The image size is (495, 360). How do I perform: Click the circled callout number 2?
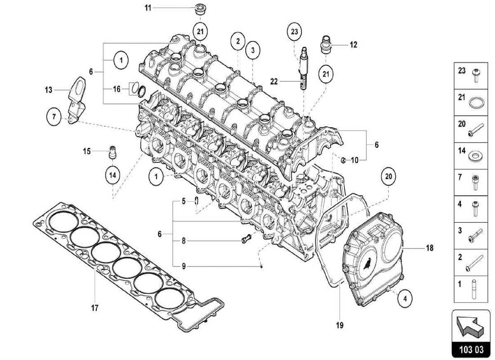237,41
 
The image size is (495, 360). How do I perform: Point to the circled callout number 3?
253,50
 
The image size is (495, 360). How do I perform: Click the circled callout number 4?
405,297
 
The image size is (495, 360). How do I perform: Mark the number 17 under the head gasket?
94,308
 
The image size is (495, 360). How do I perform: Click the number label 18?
430,247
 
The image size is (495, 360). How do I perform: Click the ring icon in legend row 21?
476,102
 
